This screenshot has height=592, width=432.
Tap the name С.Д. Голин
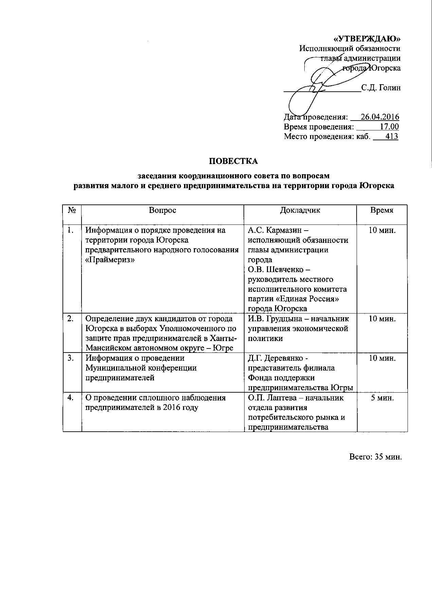[x=381, y=88]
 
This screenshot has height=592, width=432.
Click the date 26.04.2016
[x=380, y=117]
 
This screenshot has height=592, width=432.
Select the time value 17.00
[x=389, y=127]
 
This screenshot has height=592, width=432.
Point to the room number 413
[x=392, y=137]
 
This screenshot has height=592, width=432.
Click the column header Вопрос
[x=162, y=210]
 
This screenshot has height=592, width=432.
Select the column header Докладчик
[x=300, y=210]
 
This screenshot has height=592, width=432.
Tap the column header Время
[x=382, y=210]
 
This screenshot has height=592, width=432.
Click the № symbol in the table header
[x=72, y=210]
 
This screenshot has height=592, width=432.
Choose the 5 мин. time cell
[x=382, y=398]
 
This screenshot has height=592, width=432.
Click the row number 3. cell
[x=71, y=358]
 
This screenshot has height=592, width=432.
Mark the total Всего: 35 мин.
[x=375, y=457]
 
